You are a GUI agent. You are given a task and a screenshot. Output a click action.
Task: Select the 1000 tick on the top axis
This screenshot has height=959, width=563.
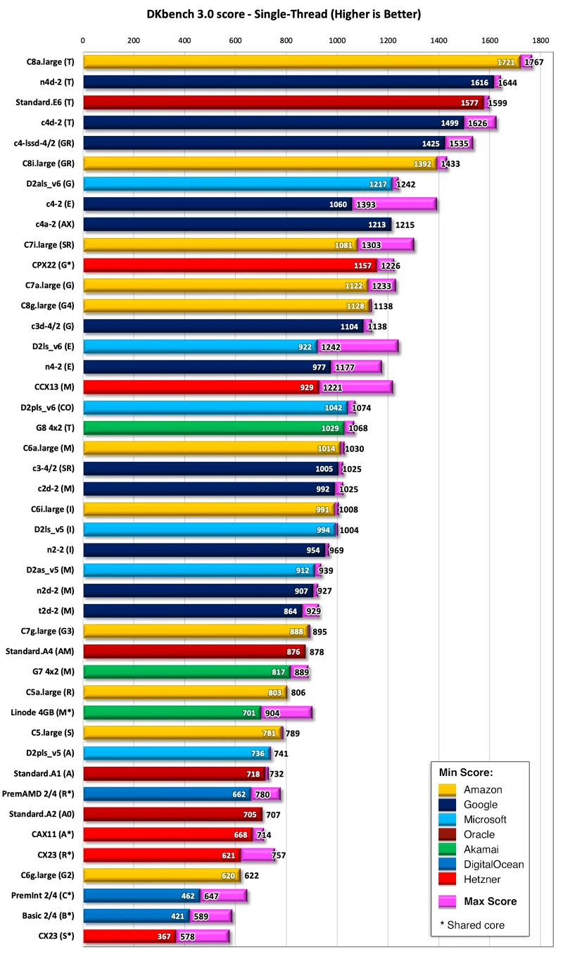click(337, 41)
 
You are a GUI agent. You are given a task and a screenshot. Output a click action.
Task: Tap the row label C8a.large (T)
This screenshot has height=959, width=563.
click(50, 62)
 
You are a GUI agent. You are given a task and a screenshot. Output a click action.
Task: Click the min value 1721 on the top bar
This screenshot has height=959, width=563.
click(506, 62)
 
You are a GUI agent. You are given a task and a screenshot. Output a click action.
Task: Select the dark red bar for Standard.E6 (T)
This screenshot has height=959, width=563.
click(281, 102)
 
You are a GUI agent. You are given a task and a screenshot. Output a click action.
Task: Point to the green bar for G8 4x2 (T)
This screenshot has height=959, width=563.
click(211, 427)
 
